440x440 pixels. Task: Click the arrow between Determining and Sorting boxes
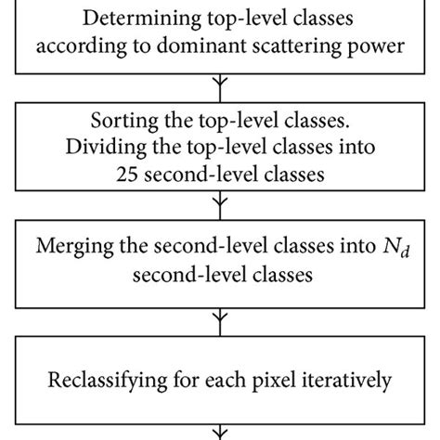(x=219, y=86)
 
